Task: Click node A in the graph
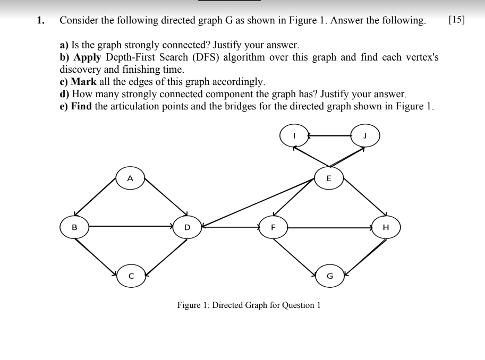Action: point(130,179)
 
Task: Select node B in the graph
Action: point(74,227)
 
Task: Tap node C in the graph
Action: point(130,276)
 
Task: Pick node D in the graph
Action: point(186,227)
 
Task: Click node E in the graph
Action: point(328,178)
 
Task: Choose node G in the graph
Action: point(329,276)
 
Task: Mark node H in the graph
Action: point(386,227)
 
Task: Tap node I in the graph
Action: point(294,135)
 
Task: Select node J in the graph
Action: point(365,135)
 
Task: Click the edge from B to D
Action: point(130,227)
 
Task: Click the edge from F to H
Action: point(329,227)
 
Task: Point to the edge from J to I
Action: point(329,135)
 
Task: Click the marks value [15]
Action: point(456,21)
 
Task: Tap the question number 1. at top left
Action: point(40,21)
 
